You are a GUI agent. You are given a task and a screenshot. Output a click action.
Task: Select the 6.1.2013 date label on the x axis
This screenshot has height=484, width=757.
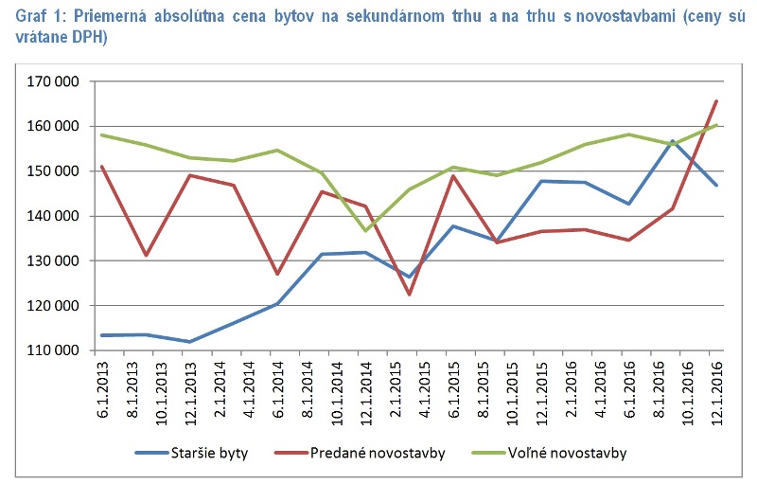coord(102,384)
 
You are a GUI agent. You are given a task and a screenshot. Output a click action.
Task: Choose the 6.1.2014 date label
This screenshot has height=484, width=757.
coord(278,384)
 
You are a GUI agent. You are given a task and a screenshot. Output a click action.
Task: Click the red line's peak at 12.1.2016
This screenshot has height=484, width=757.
coord(716,100)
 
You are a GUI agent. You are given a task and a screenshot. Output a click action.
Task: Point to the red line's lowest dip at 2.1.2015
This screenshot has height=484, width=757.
coord(410,295)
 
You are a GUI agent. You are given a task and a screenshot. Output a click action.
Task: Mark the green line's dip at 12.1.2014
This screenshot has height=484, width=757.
coord(366,231)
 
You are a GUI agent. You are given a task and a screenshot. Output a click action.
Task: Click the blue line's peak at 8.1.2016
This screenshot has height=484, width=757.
coord(673,141)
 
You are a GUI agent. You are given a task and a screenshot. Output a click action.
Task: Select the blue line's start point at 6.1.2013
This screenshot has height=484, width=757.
coord(102,335)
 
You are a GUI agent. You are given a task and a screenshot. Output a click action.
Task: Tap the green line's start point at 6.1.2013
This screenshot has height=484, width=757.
coord(102,134)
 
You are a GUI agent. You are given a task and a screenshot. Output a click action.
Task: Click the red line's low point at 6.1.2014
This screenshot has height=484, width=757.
coord(278,275)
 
